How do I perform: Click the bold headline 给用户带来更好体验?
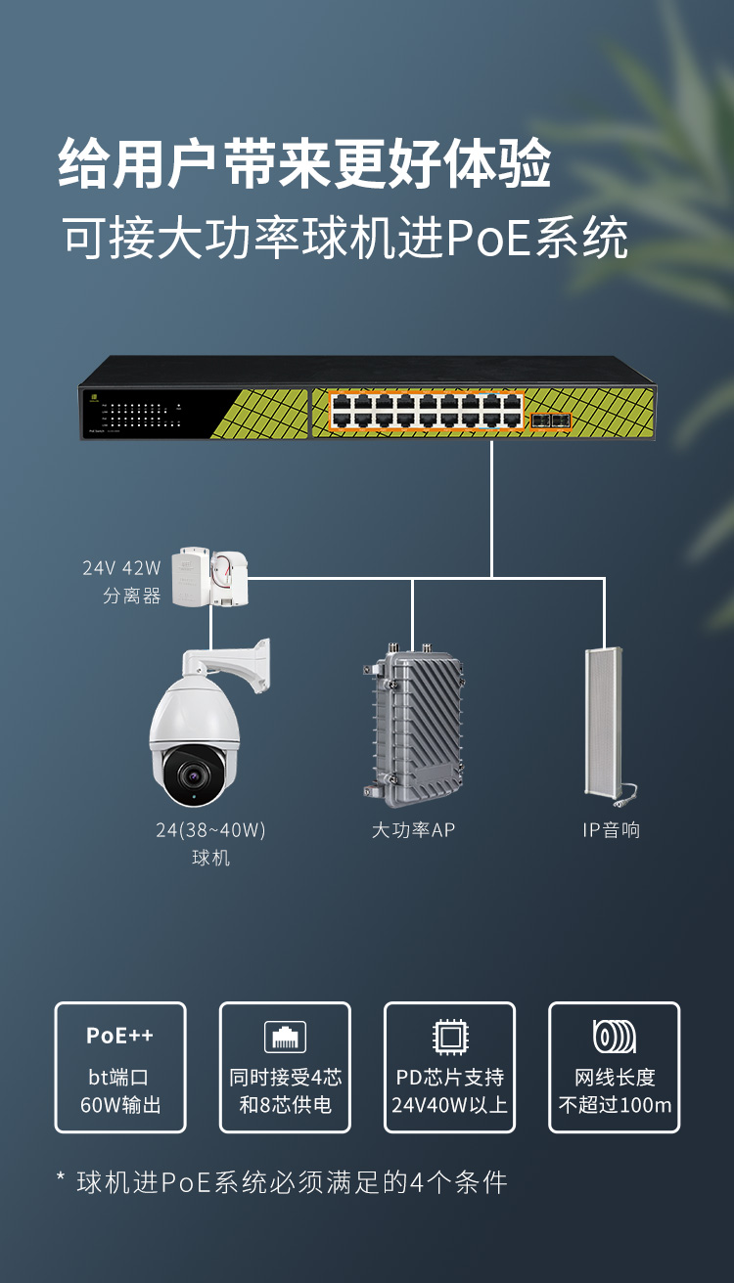304,164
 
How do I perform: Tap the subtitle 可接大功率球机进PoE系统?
345,238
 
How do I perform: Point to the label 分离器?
131,596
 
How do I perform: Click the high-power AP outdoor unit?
416,723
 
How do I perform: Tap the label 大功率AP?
413,830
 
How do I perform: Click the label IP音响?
611,830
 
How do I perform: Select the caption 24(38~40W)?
210,830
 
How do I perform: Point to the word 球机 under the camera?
210,859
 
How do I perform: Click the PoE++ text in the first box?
119,1035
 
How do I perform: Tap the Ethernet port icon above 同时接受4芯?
285,1037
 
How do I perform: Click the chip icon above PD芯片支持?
449,1036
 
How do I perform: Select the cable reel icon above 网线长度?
615,1036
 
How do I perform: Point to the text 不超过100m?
615,1106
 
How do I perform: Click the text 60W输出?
120,1106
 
